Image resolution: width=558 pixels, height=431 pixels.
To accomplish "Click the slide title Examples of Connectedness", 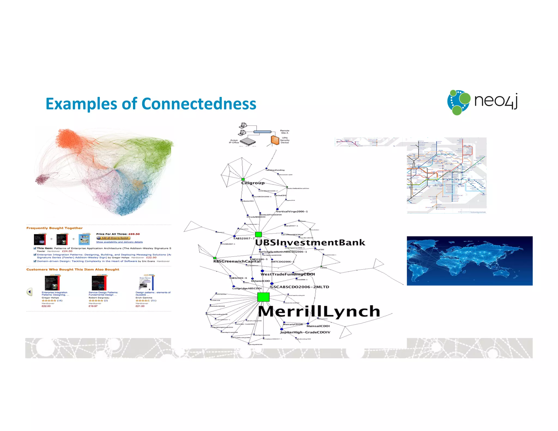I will tap(151, 104).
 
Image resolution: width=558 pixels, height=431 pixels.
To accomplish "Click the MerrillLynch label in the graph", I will tap(319, 311).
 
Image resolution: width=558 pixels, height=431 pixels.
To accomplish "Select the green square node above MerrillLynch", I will tap(263, 297).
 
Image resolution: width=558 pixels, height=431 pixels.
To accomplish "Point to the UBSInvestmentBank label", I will tap(310, 242).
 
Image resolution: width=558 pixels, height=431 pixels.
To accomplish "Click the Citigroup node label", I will tap(253, 183).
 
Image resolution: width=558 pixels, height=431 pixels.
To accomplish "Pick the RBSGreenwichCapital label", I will tap(237, 261).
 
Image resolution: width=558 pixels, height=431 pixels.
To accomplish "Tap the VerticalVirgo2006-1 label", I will tap(292, 211).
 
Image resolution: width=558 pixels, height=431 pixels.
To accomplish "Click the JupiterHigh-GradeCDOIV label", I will tap(305, 332).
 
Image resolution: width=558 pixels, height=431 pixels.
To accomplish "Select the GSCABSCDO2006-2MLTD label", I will tap(300, 287).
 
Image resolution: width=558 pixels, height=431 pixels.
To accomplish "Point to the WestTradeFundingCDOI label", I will tap(288, 274).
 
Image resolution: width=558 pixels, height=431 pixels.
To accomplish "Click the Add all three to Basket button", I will tap(113, 238).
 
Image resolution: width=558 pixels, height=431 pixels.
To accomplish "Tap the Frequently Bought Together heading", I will tap(54, 228).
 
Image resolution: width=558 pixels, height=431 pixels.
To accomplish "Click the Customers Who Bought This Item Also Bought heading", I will tap(73, 269).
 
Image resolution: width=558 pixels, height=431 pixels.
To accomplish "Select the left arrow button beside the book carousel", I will tap(29, 292).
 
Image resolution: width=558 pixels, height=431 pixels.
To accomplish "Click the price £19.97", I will tap(93, 306).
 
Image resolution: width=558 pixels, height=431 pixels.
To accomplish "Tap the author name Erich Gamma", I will tap(144, 298).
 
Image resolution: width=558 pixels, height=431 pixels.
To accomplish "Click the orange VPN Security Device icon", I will tap(275, 140).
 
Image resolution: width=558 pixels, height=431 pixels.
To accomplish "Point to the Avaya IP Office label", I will tap(234, 141).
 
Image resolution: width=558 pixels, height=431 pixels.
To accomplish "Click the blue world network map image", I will tap(469, 261).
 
